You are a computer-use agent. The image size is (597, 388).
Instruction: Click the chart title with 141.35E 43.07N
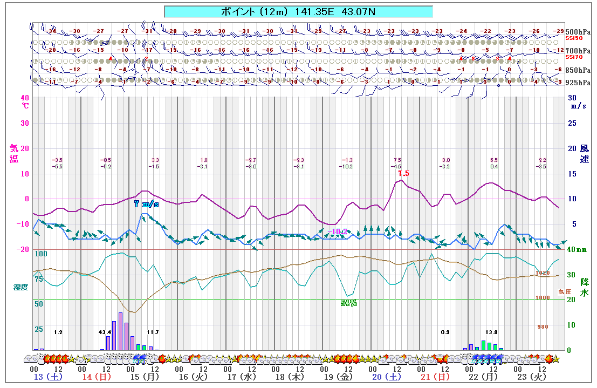[x=298, y=11]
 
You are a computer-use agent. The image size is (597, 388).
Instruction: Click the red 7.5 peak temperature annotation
[x=403, y=174]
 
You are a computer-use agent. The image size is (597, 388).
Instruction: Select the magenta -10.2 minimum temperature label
[x=337, y=232]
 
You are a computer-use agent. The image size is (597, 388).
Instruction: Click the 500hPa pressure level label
[x=578, y=31]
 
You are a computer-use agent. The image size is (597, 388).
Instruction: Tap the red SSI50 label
[x=574, y=38]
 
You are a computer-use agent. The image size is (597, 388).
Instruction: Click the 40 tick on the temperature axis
[x=25, y=98]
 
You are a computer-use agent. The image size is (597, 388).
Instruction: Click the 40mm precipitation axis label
[x=578, y=249]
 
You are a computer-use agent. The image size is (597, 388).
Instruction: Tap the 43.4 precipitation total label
[x=105, y=332]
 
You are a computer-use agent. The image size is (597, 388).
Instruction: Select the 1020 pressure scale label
[x=543, y=273]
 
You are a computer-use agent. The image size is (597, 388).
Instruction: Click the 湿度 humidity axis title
[x=21, y=287]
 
